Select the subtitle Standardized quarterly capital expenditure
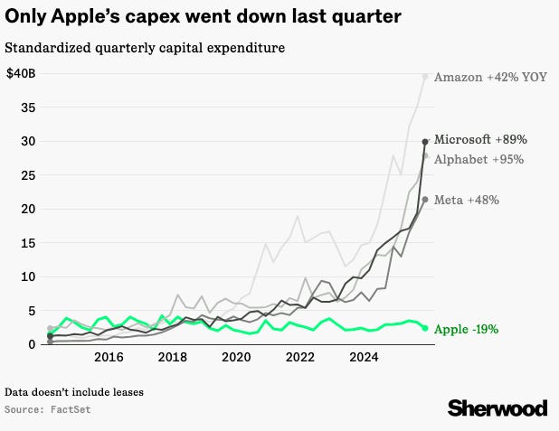click(145, 46)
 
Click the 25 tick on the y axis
click(29, 174)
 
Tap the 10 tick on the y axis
click(29, 276)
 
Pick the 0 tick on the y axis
click(33, 344)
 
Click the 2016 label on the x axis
click(109, 357)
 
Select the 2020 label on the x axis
click(236, 357)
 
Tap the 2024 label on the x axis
click(363, 357)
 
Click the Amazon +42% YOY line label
click(490, 77)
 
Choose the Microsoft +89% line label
click(480, 140)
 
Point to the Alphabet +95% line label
click(479, 159)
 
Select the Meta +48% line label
click(467, 200)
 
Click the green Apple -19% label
click(466, 330)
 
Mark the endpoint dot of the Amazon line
click(425, 76)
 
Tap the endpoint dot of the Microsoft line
click(425, 141)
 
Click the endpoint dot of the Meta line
click(425, 200)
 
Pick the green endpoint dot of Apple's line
click(425, 328)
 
